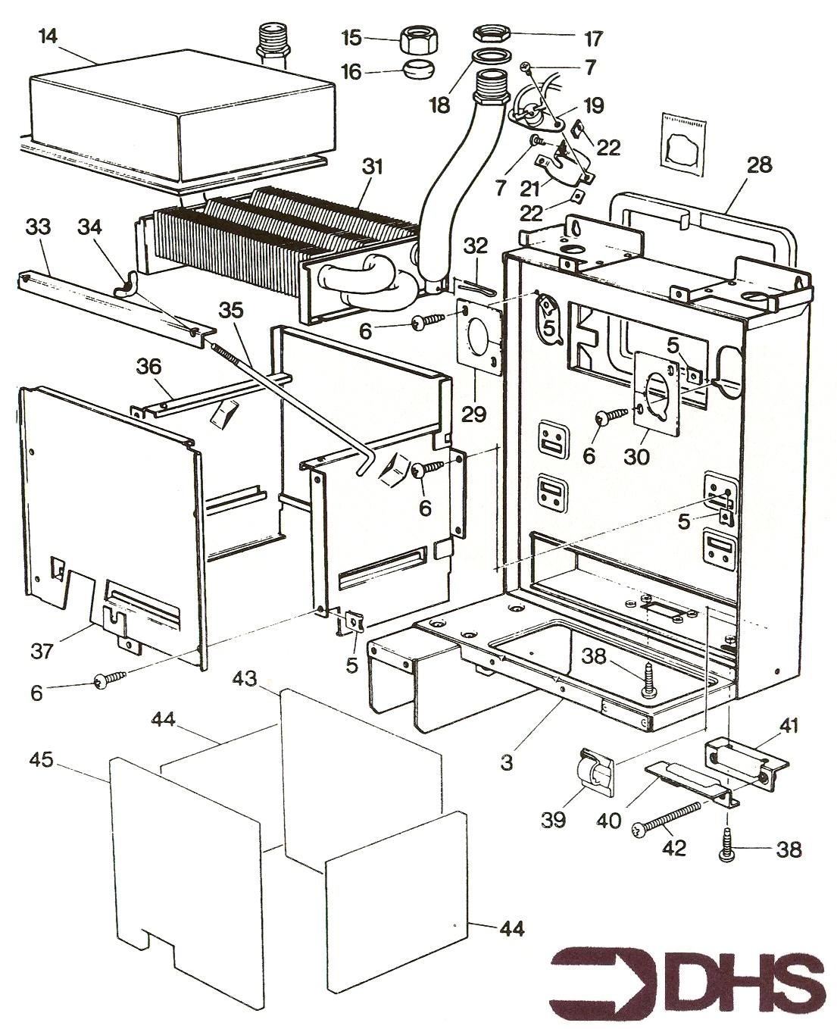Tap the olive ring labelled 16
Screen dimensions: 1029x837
[x=415, y=70]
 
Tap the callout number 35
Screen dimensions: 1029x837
[x=235, y=309]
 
